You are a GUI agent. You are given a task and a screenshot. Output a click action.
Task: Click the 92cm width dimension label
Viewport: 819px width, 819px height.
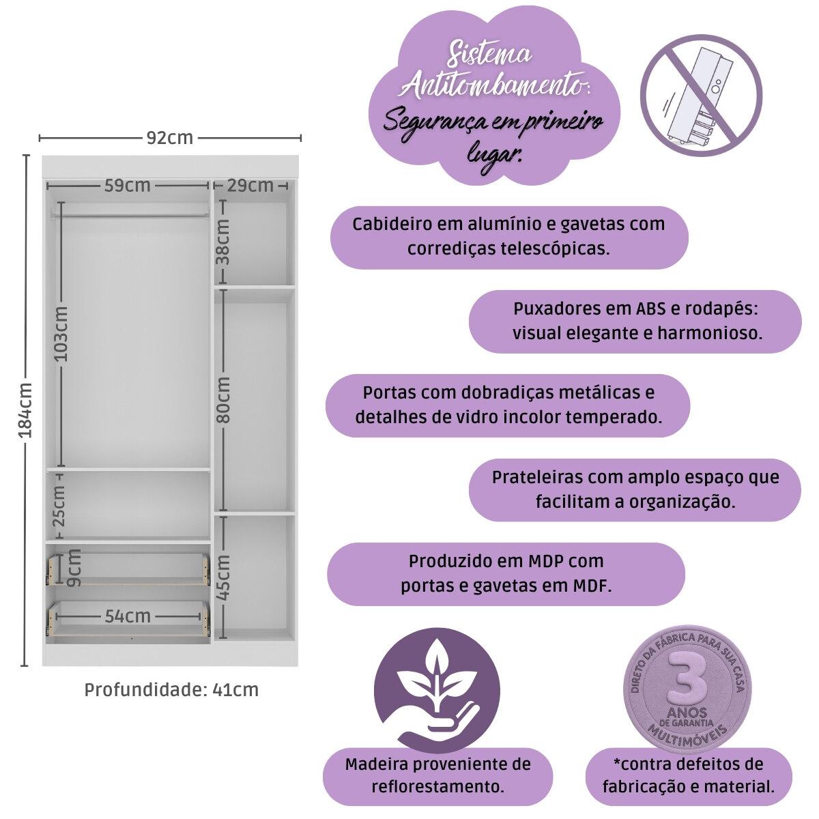coord(170,138)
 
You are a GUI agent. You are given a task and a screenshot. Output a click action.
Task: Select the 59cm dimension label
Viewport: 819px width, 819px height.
coord(127,185)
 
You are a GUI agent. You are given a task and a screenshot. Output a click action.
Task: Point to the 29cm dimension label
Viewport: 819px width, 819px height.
coord(250,185)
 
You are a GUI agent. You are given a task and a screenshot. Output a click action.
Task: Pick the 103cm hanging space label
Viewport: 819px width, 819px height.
coord(61,334)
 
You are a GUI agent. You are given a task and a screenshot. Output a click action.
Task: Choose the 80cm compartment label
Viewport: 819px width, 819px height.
coord(222,399)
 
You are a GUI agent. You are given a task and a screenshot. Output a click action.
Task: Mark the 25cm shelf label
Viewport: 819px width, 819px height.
coord(60,505)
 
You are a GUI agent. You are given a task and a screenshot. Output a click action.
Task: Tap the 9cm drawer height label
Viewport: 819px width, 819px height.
coord(74,568)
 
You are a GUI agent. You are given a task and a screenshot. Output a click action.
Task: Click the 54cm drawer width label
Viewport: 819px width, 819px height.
coord(128,616)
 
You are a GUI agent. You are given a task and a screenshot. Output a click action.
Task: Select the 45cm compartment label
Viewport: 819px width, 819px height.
coord(222,577)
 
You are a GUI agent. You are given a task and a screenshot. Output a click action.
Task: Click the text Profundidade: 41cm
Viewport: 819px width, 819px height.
coord(171,689)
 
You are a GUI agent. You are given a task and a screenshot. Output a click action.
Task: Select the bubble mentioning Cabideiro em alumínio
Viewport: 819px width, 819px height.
coord(508,236)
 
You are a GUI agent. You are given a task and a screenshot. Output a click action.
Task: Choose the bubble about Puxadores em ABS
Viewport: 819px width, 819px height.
coord(635,321)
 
